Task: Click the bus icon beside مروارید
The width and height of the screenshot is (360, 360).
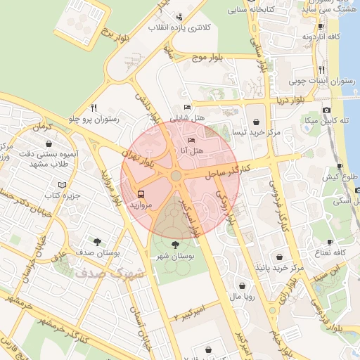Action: pos(141,193)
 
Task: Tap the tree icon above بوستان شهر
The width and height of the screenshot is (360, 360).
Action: pos(175,244)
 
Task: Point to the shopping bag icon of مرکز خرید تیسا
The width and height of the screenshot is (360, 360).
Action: pos(262,120)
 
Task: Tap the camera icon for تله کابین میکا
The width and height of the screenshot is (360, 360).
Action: pos(326,110)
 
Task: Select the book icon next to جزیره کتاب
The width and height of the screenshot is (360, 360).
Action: pos(63,184)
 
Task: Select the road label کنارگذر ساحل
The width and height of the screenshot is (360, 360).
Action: pos(229,169)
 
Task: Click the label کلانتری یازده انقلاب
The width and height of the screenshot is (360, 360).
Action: pos(179,27)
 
